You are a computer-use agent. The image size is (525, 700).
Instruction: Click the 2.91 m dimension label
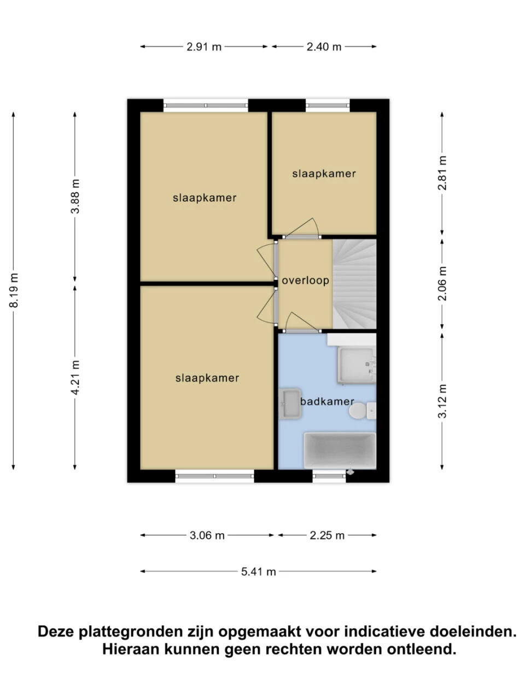click(x=203, y=47)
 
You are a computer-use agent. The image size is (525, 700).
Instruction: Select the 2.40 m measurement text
click(x=324, y=47)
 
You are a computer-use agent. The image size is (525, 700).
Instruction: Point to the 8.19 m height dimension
click(x=13, y=290)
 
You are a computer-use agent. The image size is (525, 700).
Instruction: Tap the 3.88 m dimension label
click(x=75, y=196)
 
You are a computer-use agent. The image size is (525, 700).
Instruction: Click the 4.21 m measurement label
click(x=75, y=377)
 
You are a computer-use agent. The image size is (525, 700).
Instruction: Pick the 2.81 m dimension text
click(x=442, y=173)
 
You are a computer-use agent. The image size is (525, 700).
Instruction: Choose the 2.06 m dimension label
click(x=442, y=283)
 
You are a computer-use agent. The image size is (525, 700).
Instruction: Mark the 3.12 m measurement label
click(x=442, y=401)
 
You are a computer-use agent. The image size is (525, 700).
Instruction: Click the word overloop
click(x=305, y=281)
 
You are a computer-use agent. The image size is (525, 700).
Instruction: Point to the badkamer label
click(x=328, y=401)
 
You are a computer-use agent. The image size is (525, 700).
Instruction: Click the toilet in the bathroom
click(x=363, y=411)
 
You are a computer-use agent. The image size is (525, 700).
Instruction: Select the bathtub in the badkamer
click(x=340, y=451)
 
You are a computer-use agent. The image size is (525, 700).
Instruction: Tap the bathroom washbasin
click(x=290, y=404)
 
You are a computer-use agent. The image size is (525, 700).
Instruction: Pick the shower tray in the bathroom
click(x=357, y=365)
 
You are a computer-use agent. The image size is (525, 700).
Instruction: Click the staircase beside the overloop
click(x=355, y=284)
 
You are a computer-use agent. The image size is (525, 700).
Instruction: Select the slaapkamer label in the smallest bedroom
click(x=324, y=174)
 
